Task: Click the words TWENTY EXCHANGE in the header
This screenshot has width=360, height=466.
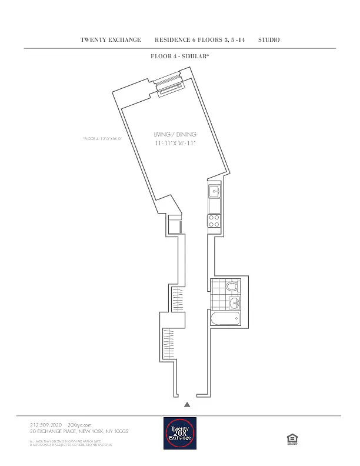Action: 111,40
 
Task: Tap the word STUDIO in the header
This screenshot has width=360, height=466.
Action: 269,40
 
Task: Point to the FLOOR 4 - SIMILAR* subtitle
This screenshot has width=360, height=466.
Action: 181,57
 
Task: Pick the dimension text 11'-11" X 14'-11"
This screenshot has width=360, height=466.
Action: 175,144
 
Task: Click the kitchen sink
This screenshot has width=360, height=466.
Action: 214,191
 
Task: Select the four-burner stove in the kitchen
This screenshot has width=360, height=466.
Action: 214,221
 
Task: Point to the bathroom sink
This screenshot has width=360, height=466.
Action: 234,303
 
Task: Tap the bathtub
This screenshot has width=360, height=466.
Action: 225,319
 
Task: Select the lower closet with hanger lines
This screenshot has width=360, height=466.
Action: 169,345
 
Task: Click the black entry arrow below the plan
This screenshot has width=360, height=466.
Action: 187,405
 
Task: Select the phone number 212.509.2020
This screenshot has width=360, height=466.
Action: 46,424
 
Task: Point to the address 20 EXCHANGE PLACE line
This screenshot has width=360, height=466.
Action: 79,431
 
